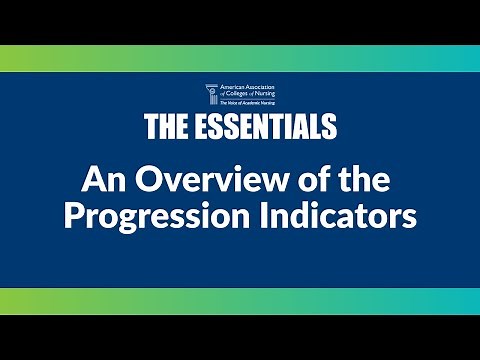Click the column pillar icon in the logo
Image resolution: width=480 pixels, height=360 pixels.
tap(210, 95)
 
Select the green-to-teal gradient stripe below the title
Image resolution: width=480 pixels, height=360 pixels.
tap(240, 301)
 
